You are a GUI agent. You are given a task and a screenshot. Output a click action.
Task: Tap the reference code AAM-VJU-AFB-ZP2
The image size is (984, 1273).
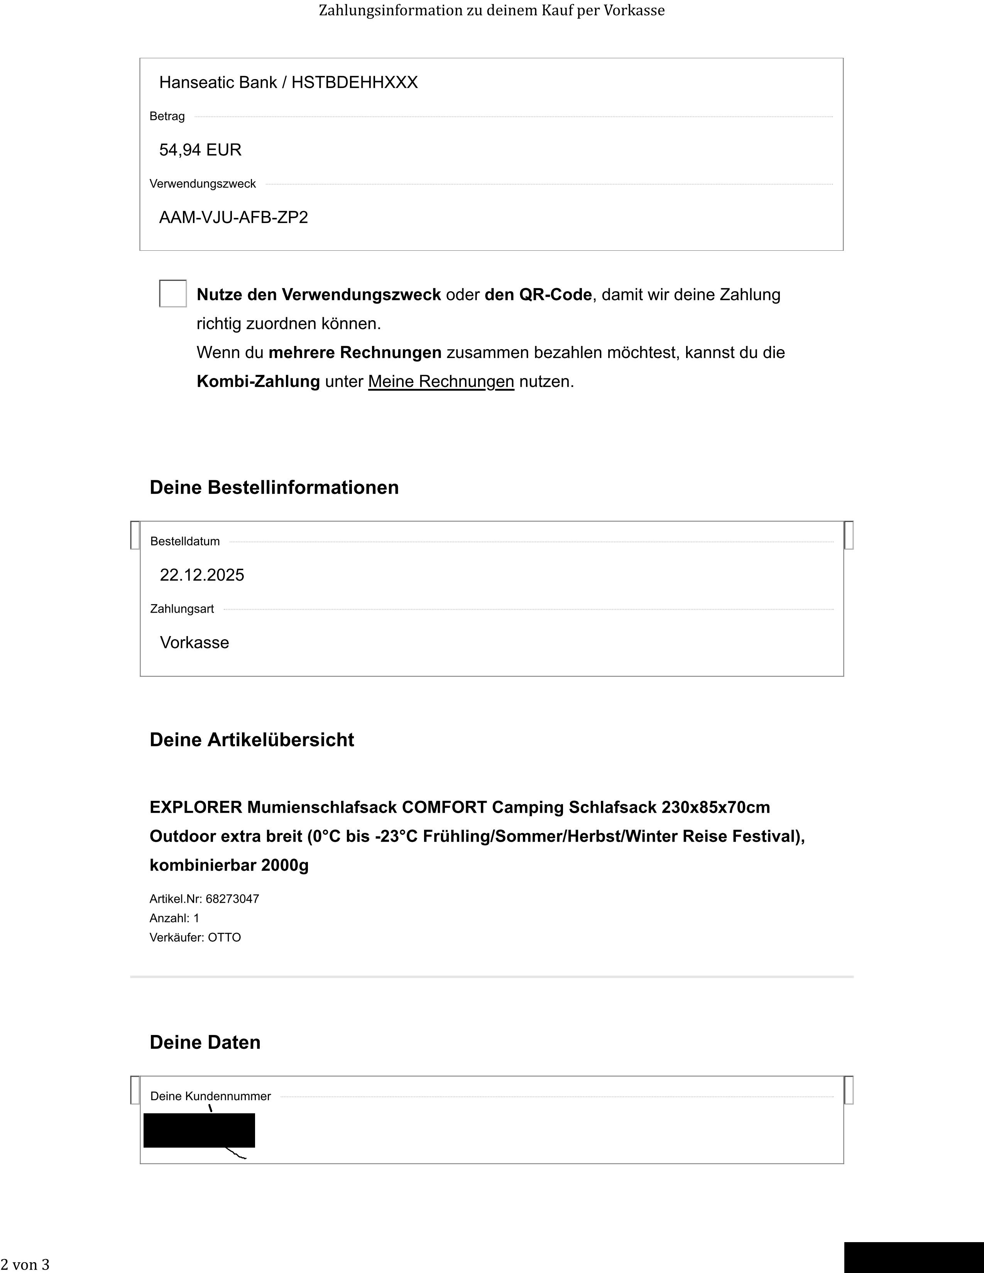pyautogui.click(x=233, y=218)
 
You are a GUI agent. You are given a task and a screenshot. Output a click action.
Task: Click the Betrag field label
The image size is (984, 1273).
pyautogui.click(x=167, y=116)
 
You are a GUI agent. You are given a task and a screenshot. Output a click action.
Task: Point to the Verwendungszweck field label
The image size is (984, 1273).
pyautogui.click(x=202, y=184)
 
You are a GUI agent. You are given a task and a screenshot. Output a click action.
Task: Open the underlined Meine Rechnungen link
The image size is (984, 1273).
pyautogui.click(x=441, y=382)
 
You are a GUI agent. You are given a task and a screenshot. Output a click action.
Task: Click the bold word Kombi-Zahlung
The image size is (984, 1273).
pyautogui.click(x=258, y=382)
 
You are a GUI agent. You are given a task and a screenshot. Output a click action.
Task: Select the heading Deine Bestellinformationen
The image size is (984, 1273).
pyautogui.click(x=274, y=487)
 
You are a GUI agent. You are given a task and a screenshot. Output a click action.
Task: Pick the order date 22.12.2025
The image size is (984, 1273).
pyautogui.click(x=202, y=575)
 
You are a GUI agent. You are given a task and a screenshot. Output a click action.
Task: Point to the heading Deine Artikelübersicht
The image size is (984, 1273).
pyautogui.click(x=252, y=739)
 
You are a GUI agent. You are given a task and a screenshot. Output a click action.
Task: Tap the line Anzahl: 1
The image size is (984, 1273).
pyautogui.click(x=174, y=918)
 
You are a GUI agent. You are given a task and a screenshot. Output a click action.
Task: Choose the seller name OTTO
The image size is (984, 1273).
pyautogui.click(x=225, y=937)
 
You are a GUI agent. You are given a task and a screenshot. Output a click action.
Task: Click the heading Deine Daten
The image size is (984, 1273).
pyautogui.click(x=205, y=1042)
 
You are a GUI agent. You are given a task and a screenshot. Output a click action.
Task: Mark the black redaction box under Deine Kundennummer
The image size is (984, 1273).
pyautogui.click(x=199, y=1130)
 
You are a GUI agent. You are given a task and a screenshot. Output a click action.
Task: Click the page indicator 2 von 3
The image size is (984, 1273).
pyautogui.click(x=25, y=1264)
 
